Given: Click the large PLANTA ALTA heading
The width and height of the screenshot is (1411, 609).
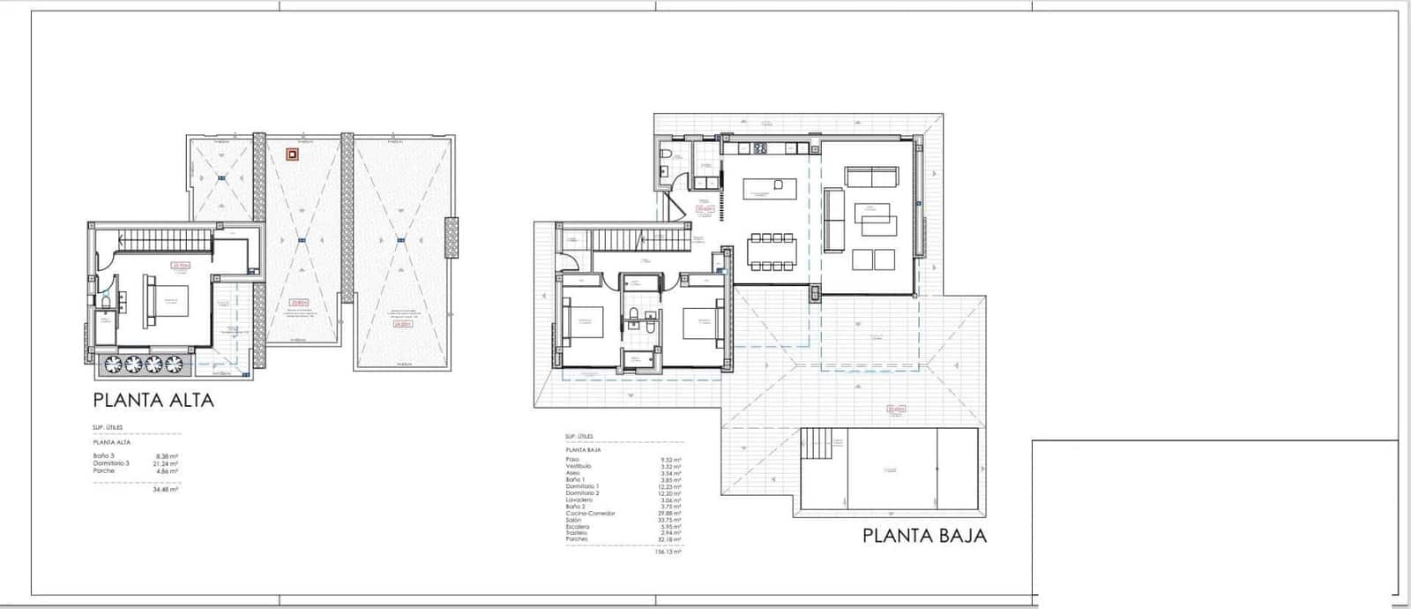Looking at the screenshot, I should (x=153, y=400).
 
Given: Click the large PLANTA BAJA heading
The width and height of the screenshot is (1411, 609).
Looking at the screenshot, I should (x=924, y=535).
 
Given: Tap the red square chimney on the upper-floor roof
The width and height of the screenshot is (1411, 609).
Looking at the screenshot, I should (x=291, y=154).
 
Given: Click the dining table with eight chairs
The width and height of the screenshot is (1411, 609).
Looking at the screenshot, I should (x=773, y=250).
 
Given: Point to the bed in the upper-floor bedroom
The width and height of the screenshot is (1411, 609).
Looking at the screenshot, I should (x=167, y=297).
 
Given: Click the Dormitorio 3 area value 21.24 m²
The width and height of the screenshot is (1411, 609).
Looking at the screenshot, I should (x=167, y=463).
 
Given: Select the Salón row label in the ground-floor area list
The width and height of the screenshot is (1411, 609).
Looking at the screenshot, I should (x=573, y=521).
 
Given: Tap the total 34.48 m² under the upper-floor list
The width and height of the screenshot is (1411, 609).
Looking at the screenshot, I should (x=166, y=489).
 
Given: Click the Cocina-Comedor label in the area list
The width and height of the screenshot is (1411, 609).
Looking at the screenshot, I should (x=590, y=514).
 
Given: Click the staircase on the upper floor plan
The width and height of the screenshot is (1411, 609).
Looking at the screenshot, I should (x=167, y=240).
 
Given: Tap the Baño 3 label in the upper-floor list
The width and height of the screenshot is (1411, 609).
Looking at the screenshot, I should (x=103, y=455).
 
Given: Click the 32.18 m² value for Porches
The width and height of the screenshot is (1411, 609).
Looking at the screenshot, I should (x=672, y=538).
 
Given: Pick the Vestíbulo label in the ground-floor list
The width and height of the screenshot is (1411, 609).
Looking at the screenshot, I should (x=578, y=466).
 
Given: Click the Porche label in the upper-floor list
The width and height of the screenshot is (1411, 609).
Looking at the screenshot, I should (x=103, y=471).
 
